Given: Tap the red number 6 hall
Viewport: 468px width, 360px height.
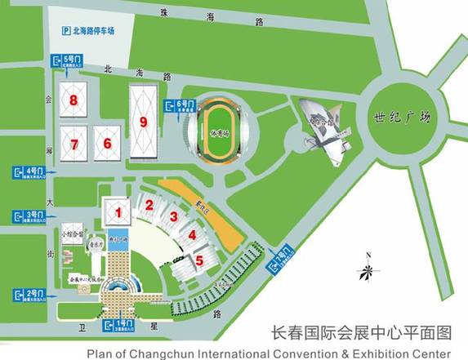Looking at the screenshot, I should pos(106,142).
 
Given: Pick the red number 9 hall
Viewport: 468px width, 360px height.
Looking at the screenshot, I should pos(145,122).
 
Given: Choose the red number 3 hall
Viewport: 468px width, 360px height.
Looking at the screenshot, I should pos(173,216).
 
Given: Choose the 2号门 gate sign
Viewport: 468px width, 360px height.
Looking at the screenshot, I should pos(28,293).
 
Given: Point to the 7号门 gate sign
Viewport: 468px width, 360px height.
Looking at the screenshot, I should pos(278,261).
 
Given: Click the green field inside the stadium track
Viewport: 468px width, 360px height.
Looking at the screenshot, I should pos(217,131).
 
